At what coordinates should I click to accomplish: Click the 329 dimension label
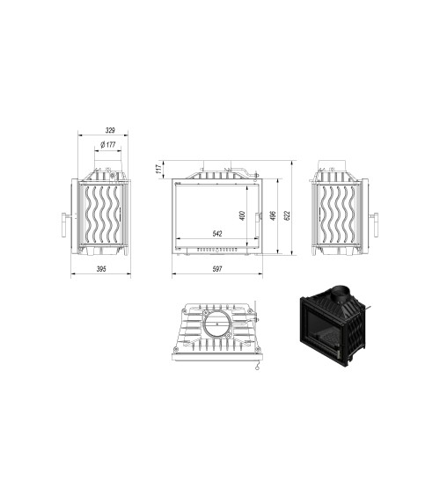(110, 130)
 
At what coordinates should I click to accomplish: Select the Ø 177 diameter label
(109, 144)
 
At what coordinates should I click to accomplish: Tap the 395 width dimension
(101, 269)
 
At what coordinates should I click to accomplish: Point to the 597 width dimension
(216, 269)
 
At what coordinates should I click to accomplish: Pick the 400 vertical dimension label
(242, 216)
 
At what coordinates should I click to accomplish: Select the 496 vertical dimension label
(274, 216)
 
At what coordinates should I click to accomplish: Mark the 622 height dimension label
(289, 216)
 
